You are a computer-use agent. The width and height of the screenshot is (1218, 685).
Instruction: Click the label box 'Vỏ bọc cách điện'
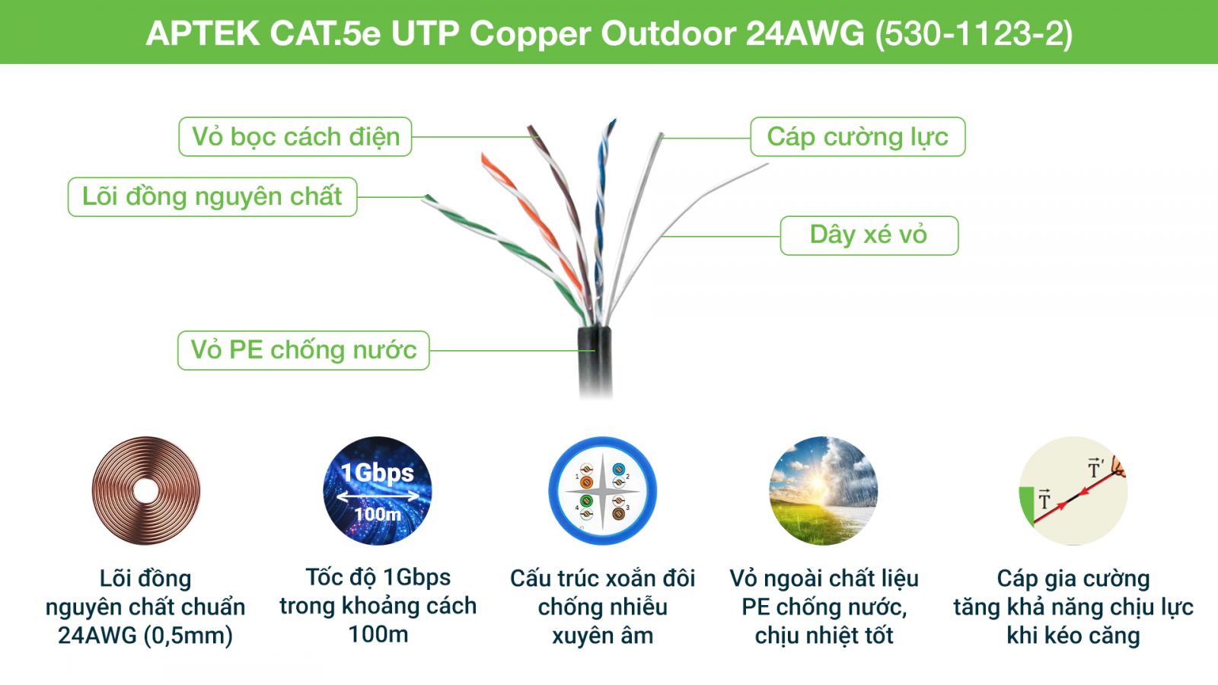[x=295, y=136]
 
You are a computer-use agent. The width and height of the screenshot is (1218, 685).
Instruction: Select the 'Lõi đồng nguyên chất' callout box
[x=212, y=197]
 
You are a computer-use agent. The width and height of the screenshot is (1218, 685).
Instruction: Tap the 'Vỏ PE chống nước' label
[x=304, y=350]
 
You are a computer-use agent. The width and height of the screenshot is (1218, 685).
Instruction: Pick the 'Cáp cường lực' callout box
[x=857, y=136]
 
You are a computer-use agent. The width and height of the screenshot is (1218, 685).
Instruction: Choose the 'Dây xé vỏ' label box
[x=869, y=235]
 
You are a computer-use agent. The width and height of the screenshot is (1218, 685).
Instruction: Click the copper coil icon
[x=145, y=491]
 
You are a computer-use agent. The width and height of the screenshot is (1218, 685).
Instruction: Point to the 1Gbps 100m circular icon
[x=378, y=491]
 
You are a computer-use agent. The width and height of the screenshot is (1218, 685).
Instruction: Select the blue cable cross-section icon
[x=602, y=491]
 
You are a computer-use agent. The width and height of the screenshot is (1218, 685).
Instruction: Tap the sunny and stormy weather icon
[x=823, y=491]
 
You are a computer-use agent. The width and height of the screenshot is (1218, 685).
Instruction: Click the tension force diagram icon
[x=1073, y=491]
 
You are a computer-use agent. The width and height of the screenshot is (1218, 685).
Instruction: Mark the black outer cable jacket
[x=595, y=362]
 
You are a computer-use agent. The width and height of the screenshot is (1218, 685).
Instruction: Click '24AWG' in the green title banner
[x=805, y=33]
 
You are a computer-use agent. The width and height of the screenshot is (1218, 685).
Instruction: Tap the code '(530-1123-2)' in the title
[x=974, y=34]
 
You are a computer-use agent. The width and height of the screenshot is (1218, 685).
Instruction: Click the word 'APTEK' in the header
[x=202, y=33]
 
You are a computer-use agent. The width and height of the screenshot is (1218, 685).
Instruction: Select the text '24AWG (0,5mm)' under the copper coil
[x=145, y=636]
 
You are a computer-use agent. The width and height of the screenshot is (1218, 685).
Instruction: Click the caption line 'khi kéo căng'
[x=1073, y=636]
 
